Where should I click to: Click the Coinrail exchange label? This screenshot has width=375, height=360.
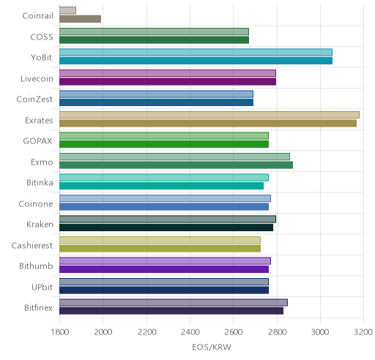click(x=37, y=16)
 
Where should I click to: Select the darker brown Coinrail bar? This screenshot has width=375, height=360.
click(x=80, y=19)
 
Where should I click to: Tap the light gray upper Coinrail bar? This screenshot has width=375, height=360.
click(x=67, y=10)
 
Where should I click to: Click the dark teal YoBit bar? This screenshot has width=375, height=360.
click(x=196, y=61)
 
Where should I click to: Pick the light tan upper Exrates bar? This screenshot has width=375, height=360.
click(x=209, y=115)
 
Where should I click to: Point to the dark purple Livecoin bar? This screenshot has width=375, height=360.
click(x=168, y=82)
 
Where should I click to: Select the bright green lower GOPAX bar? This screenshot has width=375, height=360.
click(x=164, y=144)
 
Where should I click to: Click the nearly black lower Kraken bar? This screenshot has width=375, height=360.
click(x=166, y=228)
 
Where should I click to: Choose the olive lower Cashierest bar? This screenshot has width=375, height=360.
click(x=160, y=249)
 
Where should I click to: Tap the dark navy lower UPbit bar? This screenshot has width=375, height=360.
click(x=164, y=290)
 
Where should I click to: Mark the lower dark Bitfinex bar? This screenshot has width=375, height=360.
click(x=171, y=311)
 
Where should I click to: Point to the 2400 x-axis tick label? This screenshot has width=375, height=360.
click(x=190, y=332)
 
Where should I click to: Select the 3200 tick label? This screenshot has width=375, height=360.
click(x=363, y=332)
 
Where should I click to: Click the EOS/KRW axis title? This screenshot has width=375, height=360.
click(x=212, y=347)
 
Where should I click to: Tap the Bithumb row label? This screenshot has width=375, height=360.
click(x=36, y=266)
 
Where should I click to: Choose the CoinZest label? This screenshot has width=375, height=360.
click(x=34, y=100)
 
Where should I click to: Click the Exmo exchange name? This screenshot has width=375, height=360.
click(x=42, y=162)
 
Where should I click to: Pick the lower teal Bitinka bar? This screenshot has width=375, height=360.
click(x=161, y=186)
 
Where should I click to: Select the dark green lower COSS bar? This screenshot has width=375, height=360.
click(x=154, y=40)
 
